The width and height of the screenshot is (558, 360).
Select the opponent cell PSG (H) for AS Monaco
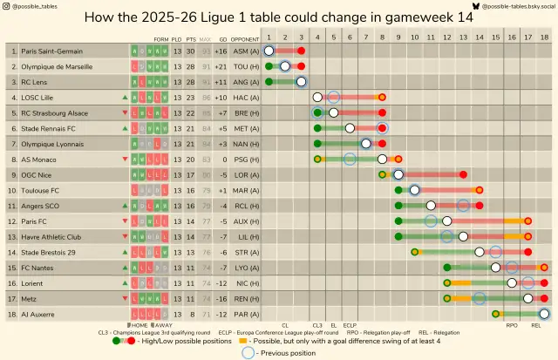[x=245, y=160]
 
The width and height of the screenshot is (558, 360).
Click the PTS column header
[x=190, y=39]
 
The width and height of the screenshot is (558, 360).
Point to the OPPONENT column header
[x=245, y=39]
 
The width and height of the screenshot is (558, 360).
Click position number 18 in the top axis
[x=544, y=39]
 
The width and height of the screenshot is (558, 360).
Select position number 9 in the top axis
[x=398, y=39]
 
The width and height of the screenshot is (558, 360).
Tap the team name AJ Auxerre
[x=40, y=313]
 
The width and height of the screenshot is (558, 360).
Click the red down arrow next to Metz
[x=126, y=298]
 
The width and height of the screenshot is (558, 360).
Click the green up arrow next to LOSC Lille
[x=126, y=98]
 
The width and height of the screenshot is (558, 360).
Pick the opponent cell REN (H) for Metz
[x=245, y=298]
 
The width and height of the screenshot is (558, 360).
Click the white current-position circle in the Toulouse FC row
[x=415, y=190]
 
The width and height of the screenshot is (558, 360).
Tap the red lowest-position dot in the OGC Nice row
[x=463, y=174]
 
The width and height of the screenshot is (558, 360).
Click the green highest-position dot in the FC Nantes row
[x=447, y=268]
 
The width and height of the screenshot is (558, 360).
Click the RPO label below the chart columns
[x=512, y=325]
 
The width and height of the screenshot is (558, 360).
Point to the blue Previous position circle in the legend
[x=248, y=353]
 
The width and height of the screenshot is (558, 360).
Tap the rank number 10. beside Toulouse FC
[x=13, y=190]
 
